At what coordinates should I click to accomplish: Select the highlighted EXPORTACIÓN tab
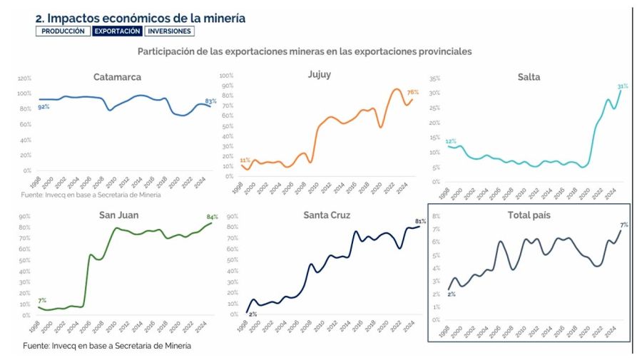click(117, 31)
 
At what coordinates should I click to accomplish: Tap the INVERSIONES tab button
click(169, 31)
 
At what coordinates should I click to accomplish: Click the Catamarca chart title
click(117, 77)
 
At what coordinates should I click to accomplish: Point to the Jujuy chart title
click(319, 74)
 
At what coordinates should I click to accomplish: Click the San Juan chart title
click(118, 215)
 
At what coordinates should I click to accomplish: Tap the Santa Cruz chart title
click(327, 215)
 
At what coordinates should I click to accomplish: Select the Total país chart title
click(528, 215)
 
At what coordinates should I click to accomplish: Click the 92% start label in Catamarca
click(44, 107)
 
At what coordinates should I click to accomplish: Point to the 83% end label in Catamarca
click(210, 101)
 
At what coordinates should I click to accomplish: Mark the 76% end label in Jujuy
click(412, 92)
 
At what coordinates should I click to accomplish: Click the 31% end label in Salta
click(623, 86)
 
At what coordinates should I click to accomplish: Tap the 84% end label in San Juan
click(211, 217)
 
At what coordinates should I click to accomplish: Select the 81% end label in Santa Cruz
click(419, 221)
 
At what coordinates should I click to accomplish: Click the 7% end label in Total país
click(623, 225)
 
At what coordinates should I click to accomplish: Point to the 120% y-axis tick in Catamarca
click(24, 78)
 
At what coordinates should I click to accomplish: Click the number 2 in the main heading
click(39, 19)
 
